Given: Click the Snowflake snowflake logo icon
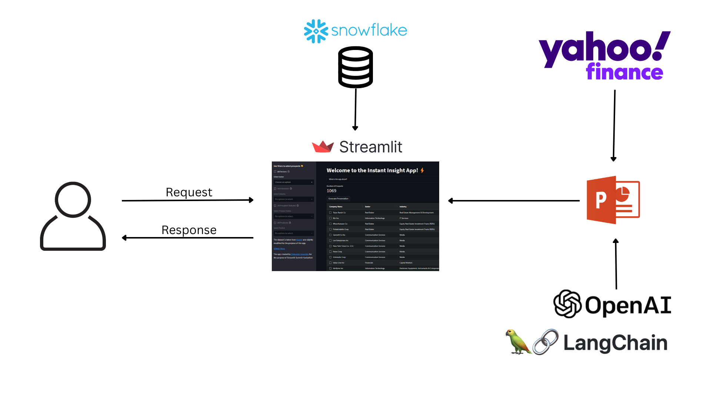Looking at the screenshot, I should point(316,31).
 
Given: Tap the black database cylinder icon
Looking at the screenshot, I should point(355,67).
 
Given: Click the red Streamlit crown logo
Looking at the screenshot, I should point(323,147).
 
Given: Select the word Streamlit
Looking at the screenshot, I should point(371,147).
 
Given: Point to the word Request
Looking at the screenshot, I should point(189,192).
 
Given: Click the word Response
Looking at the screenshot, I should point(189,230).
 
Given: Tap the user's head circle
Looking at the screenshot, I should point(73,200).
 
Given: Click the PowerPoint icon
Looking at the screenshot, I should point(613,200).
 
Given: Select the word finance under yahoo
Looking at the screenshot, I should point(624,72).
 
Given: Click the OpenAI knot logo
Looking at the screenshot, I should point(567,304).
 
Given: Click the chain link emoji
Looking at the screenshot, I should point(545,342).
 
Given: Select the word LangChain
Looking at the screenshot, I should point(615,343).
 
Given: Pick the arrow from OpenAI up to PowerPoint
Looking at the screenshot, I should point(616,264).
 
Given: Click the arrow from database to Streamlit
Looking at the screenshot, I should point(355,109).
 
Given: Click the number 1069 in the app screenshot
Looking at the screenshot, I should point(331,191).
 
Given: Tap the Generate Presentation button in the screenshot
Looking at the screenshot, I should point(338,199).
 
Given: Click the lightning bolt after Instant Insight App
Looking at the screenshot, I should point(422,170).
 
